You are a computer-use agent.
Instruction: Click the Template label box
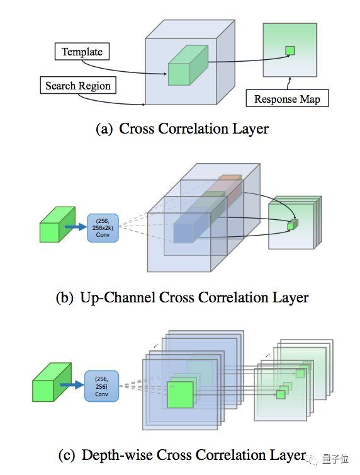(82, 52)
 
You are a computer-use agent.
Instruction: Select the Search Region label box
(78, 85)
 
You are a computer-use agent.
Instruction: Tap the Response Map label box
(287, 98)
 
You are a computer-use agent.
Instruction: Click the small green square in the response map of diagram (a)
(290, 50)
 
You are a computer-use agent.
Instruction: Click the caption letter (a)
(104, 129)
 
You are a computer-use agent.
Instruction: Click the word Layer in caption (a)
(250, 129)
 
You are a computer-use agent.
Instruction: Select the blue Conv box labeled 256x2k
(103, 228)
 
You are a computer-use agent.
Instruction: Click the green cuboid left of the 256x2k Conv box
(57, 224)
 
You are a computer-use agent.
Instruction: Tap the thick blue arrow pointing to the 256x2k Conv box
(76, 227)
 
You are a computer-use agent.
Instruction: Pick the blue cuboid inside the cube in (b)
(192, 227)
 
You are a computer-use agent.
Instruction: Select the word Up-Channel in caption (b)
(118, 297)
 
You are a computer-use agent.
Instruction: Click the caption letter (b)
(65, 298)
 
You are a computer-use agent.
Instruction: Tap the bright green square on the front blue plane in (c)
(180, 395)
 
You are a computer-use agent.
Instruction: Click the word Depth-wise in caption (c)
(117, 455)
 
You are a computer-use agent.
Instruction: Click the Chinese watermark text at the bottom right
(335, 459)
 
